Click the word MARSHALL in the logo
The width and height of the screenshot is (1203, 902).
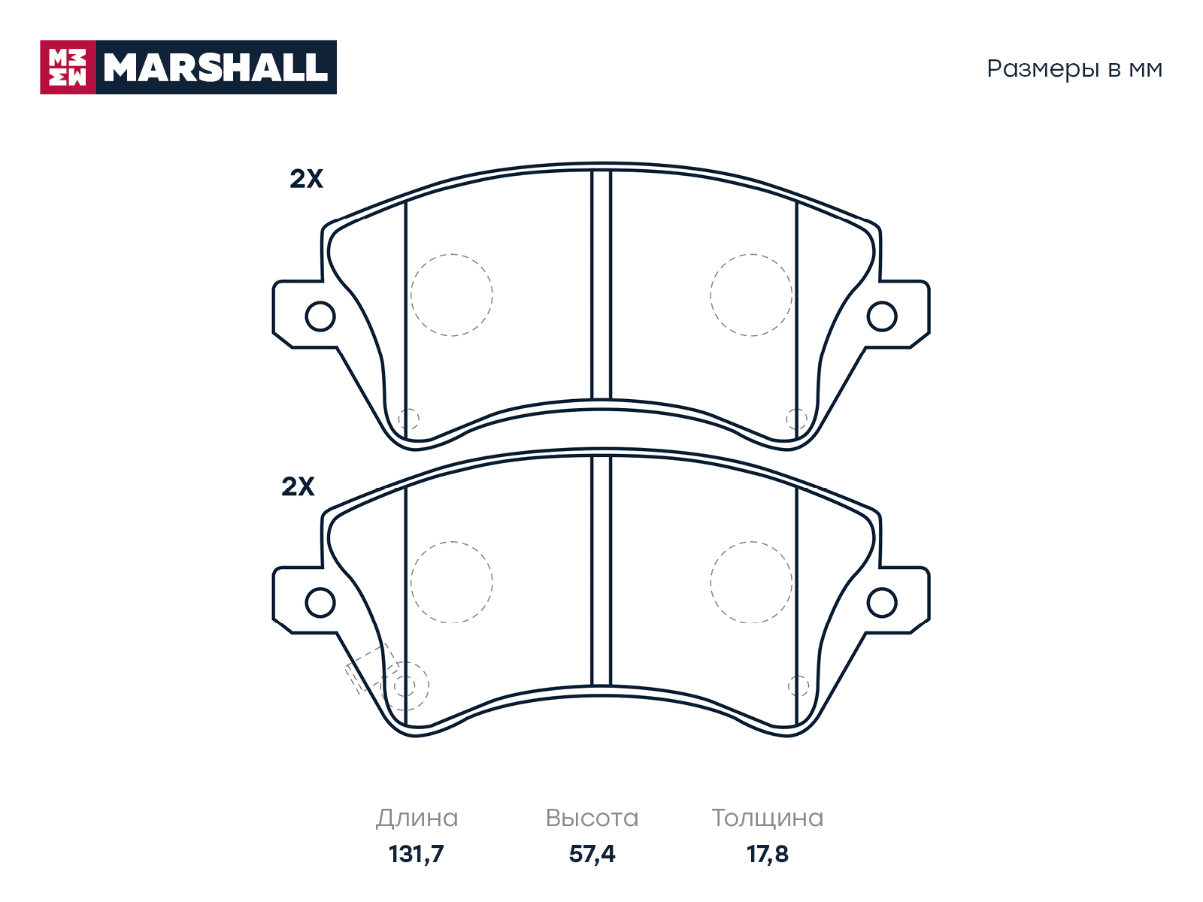pos(215,68)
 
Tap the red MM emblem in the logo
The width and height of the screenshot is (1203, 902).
pos(68,68)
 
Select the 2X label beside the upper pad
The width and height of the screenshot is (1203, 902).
pos(306,179)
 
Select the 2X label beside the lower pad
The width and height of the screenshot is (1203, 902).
pos(298,486)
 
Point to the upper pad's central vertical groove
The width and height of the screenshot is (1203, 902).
pos(601,285)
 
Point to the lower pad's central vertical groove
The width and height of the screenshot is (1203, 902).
pos(601,571)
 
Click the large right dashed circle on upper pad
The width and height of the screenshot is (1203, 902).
pos(711,295)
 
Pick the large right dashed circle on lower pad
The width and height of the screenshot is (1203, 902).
pos(711,582)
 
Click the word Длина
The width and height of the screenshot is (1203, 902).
pos(417,819)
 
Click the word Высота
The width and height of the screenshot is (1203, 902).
pos(592,819)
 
